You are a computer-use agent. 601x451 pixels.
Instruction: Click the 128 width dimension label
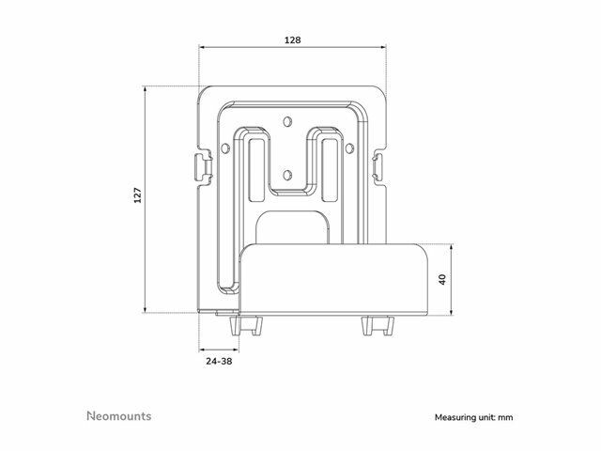(x=292, y=39)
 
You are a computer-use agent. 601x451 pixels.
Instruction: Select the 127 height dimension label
(x=138, y=195)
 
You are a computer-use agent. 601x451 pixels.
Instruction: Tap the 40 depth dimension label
(x=442, y=279)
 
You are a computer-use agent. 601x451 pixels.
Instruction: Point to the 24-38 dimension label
(x=219, y=361)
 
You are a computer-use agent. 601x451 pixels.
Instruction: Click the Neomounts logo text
(x=119, y=416)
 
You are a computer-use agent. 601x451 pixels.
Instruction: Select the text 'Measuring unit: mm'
(x=473, y=417)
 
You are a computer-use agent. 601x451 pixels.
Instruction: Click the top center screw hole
(x=287, y=121)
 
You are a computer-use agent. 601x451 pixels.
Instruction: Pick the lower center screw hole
(x=286, y=176)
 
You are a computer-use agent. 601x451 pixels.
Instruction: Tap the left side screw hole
(x=225, y=148)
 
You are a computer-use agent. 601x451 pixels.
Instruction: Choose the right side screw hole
(x=349, y=148)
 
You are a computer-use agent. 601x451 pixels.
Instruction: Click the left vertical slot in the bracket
(x=256, y=170)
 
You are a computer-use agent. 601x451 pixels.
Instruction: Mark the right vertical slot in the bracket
(x=330, y=170)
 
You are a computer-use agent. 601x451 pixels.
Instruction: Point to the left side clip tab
(x=203, y=166)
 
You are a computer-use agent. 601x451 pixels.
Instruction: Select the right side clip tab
(x=378, y=166)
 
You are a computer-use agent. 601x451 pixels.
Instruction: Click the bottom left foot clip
(x=247, y=325)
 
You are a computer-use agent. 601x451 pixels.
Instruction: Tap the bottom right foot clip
(x=378, y=325)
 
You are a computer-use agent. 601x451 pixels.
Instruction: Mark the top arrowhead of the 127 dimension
(x=145, y=90)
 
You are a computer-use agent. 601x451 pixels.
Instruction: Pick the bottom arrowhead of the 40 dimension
(x=452, y=311)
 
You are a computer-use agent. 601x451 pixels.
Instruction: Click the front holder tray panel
(x=333, y=279)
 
